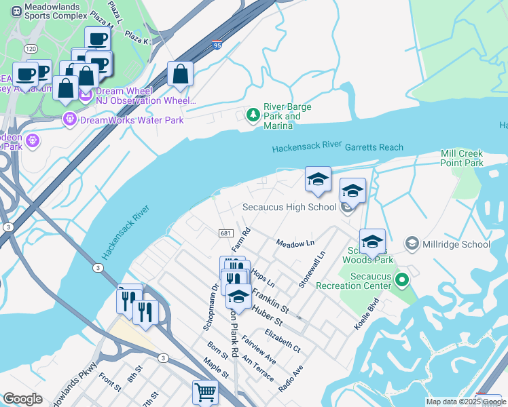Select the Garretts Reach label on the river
(x=374, y=147)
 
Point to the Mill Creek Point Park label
(x=462, y=159)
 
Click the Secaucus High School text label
(x=290, y=208)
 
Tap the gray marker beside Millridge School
(x=412, y=244)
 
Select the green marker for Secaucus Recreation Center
(x=402, y=279)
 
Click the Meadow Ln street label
(x=295, y=243)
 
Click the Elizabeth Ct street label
(x=283, y=339)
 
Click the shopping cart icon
(x=205, y=391)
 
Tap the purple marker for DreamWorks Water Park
(x=70, y=120)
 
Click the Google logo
(x=22, y=399)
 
